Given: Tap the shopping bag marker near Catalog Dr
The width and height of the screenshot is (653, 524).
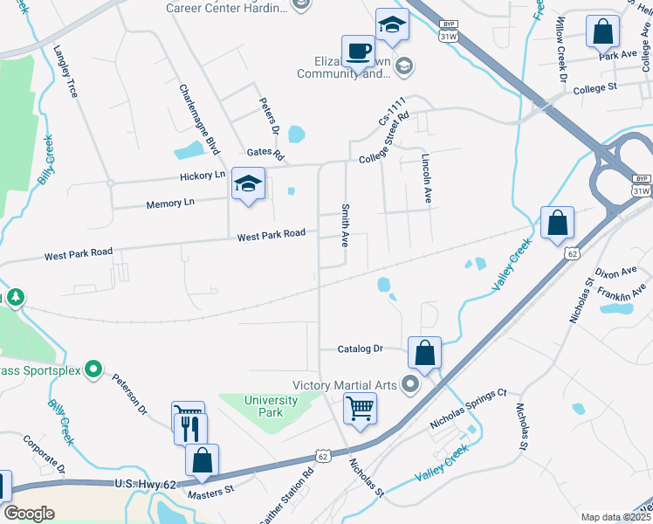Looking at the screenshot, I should (424, 354).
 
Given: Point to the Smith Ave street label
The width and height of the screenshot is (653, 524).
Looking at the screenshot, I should (346, 225).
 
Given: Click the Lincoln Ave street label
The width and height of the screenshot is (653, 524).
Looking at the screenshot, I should (426, 178).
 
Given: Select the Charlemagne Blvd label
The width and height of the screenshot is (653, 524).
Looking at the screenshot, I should (198, 120).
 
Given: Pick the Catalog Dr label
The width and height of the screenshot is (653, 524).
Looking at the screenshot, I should (361, 348).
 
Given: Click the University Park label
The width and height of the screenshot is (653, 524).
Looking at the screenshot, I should (271, 406).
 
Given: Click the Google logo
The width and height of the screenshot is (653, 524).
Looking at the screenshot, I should (30, 514).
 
